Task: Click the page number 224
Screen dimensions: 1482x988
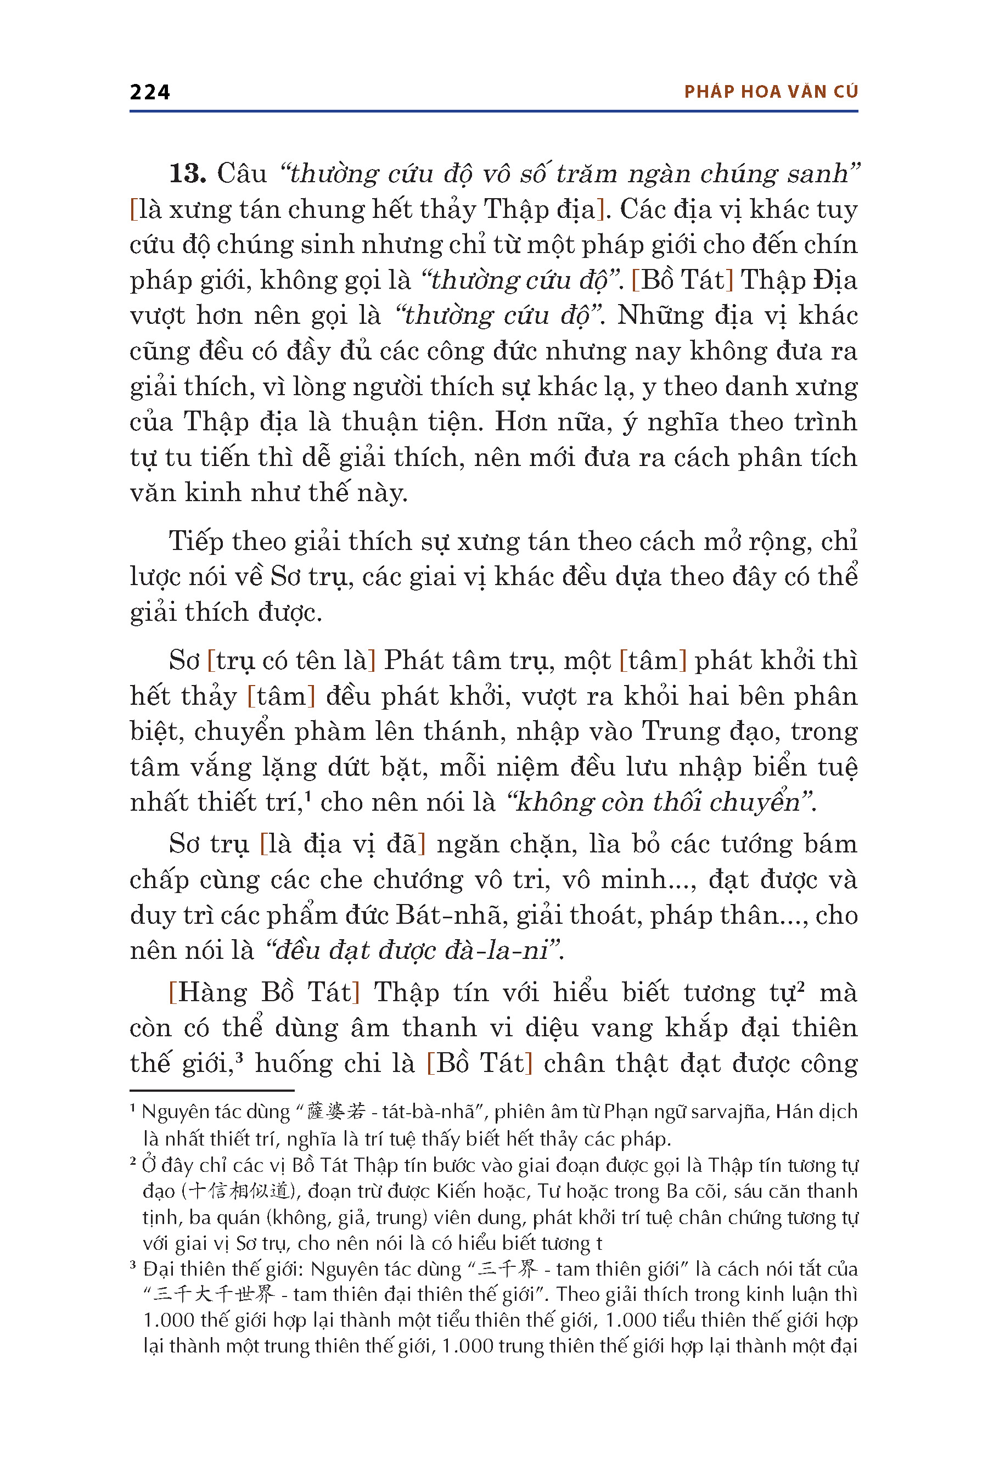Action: click(x=149, y=92)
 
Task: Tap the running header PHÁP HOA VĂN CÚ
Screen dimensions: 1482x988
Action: click(x=771, y=92)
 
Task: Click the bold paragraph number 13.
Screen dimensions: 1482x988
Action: click(x=187, y=173)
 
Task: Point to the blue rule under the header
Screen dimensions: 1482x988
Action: click(x=493, y=111)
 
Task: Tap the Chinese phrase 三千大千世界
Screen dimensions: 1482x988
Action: click(x=215, y=1295)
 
